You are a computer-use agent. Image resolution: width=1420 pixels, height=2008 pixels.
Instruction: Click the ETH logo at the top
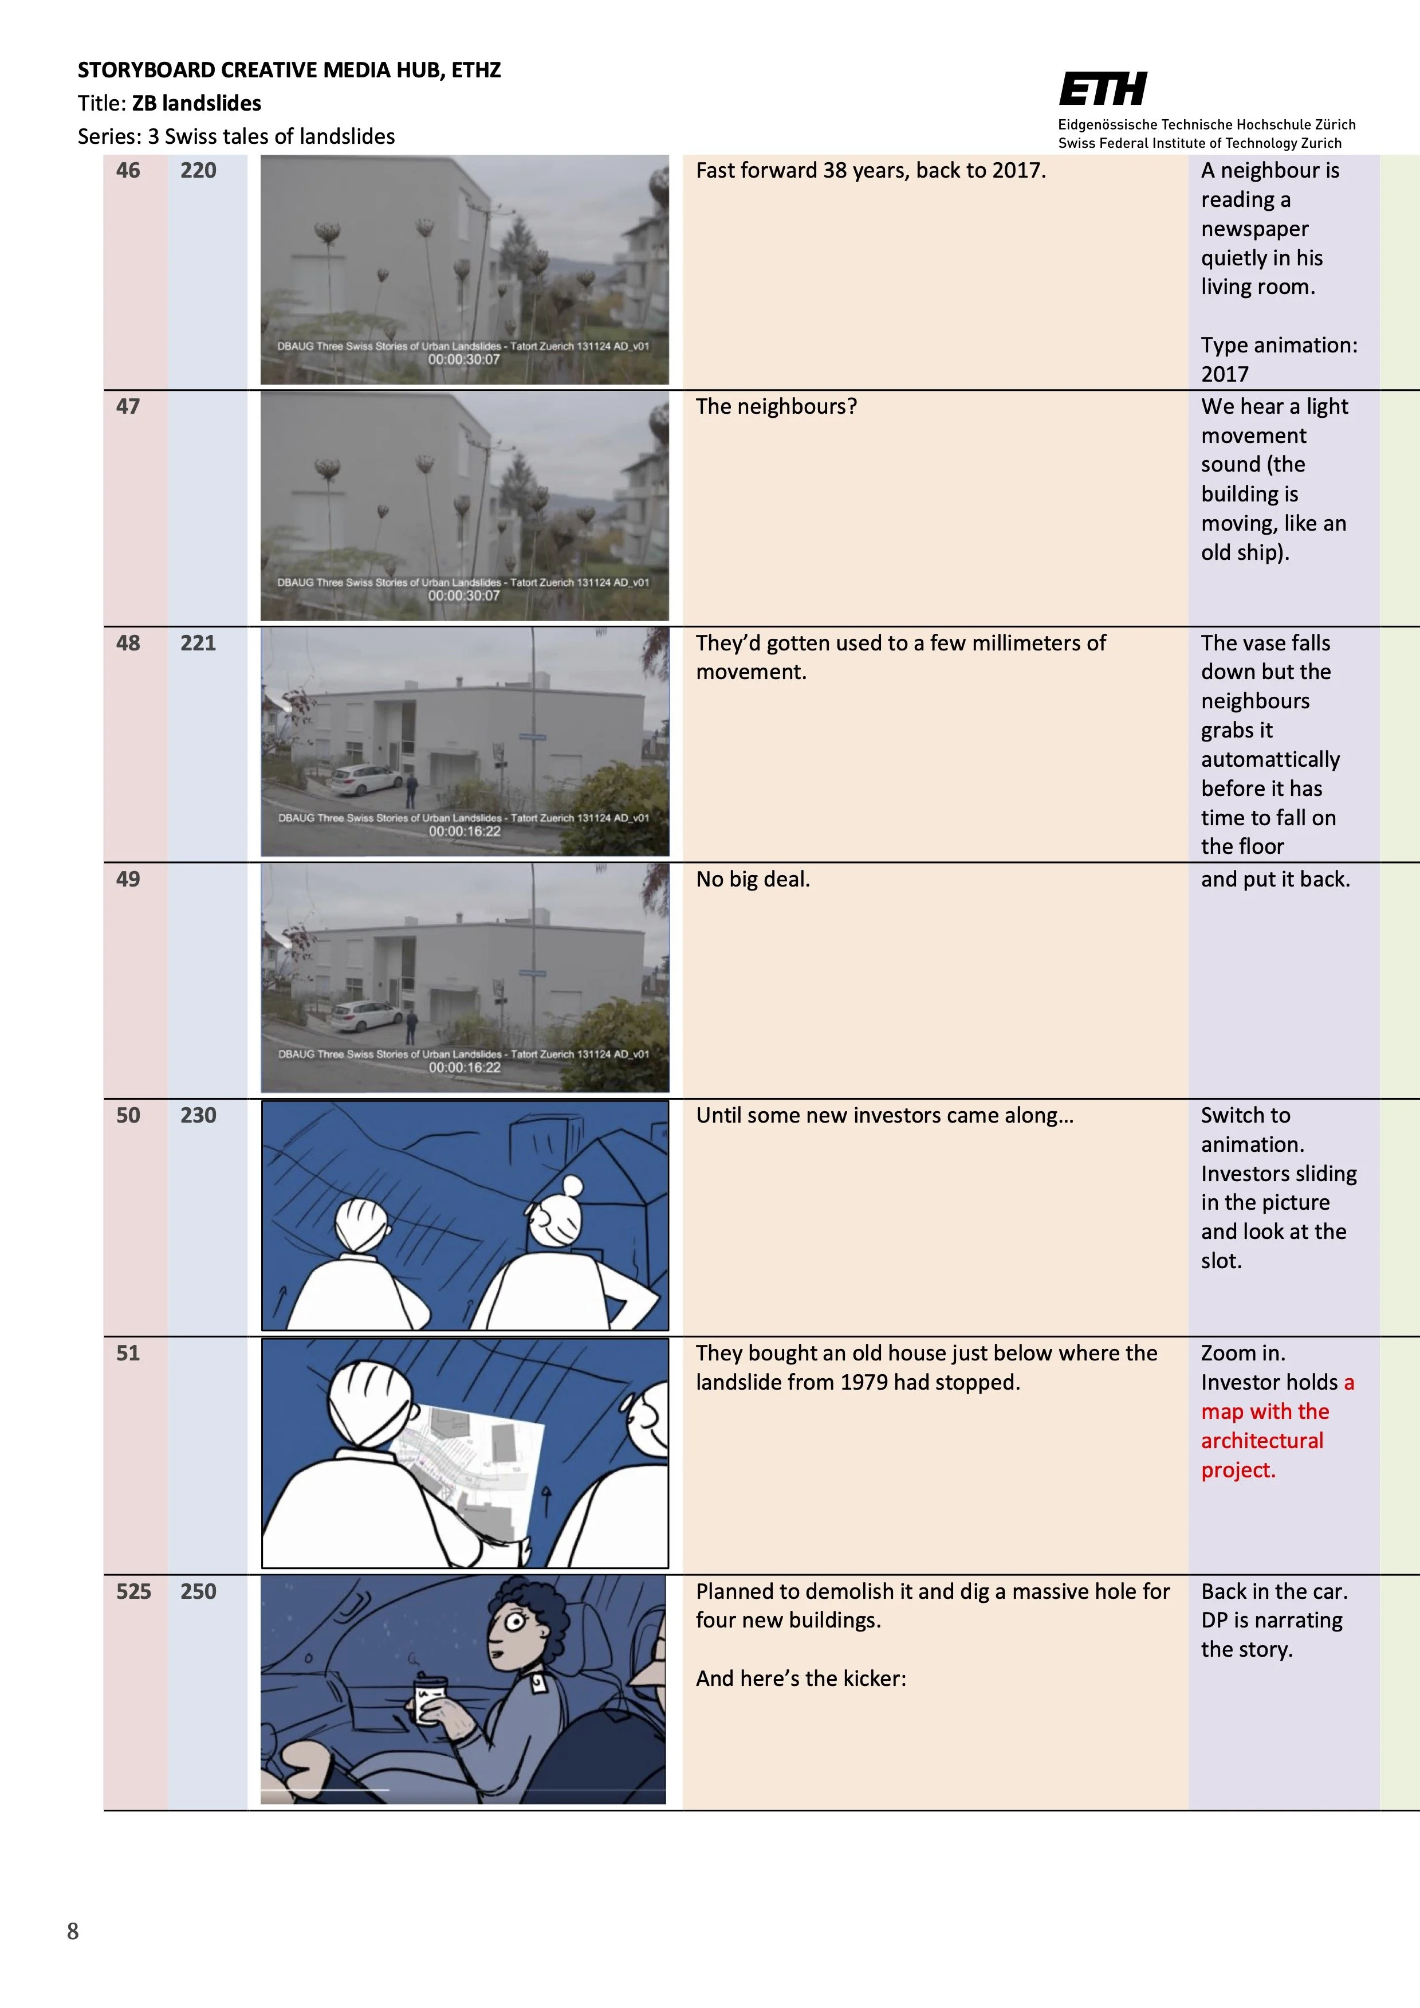point(1103,89)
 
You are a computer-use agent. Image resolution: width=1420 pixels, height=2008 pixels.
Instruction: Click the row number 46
point(128,171)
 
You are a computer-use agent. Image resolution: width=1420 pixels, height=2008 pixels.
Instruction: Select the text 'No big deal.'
point(752,879)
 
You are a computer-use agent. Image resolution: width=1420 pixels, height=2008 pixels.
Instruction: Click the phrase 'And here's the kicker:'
point(800,1678)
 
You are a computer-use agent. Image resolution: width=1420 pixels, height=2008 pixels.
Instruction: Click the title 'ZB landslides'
point(196,103)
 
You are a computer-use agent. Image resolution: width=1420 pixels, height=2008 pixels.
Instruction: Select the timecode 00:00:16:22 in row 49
point(465,1067)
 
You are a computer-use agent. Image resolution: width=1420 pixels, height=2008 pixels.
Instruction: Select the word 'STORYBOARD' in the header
point(146,70)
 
